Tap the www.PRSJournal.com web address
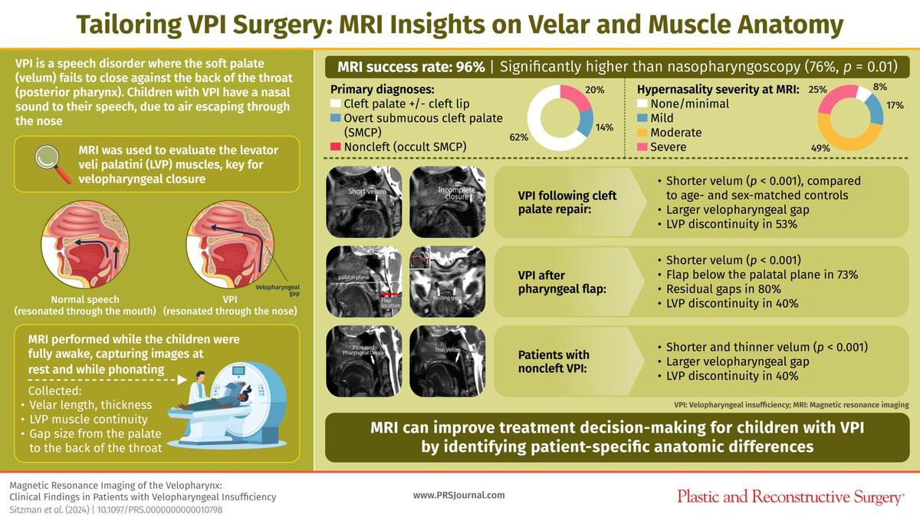point(459,496)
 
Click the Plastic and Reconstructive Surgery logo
point(790,496)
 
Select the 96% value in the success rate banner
point(469,67)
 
